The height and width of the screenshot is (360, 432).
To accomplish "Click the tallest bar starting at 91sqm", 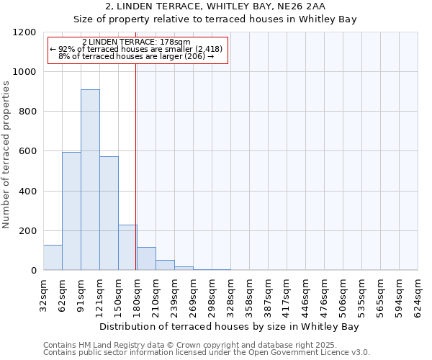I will [90, 180].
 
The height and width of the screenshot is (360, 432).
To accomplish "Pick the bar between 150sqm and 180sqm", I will [127, 248].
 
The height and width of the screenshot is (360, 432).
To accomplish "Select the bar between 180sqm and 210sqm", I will [146, 258].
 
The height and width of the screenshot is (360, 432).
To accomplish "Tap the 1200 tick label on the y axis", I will [26, 32].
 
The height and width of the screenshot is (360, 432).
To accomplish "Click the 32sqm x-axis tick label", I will [43, 294].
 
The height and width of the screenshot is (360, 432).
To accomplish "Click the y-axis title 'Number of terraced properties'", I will [7, 154].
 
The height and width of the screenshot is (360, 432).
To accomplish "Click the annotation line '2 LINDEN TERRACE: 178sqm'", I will [137, 42].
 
